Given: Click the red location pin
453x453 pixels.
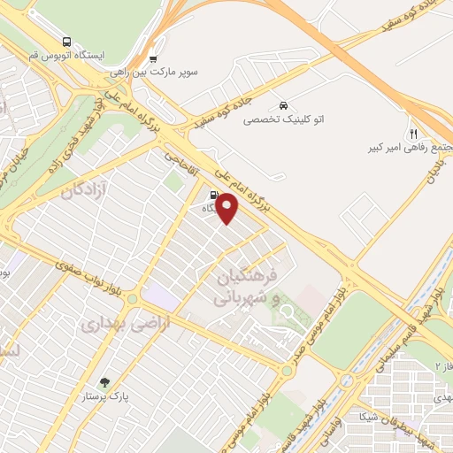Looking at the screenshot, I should [228, 208].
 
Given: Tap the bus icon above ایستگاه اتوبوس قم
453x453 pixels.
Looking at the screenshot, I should [68, 41].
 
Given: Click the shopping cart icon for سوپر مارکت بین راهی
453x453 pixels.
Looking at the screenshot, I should [154, 59].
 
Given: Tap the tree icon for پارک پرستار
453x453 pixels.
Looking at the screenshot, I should [105, 383].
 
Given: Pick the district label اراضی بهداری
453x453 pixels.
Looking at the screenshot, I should [111, 325].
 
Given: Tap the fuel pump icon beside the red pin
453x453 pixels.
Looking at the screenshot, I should [213, 196].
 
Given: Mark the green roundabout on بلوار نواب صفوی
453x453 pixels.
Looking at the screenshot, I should [133, 299].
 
